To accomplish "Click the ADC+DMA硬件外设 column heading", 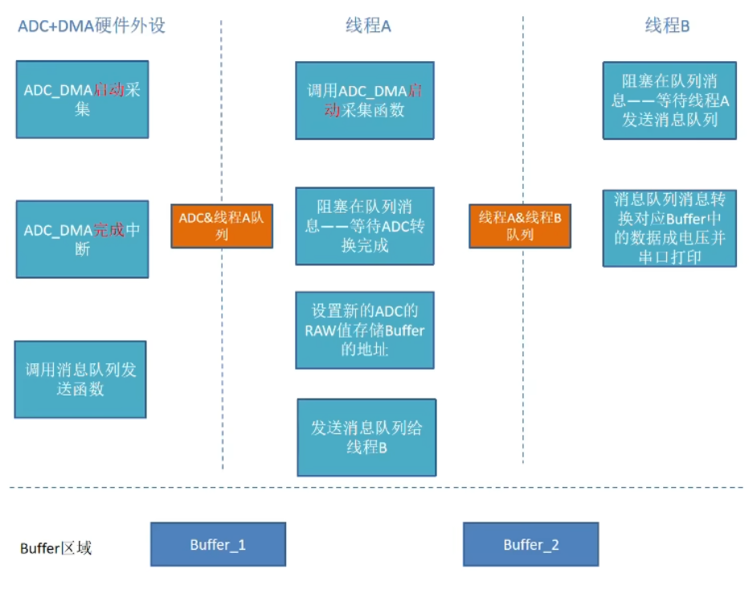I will (91, 26).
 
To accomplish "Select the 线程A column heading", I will (368, 27).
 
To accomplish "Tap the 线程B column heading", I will (668, 27).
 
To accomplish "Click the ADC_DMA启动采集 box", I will (82, 99).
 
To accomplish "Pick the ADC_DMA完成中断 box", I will (82, 240).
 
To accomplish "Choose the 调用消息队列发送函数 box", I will (80, 379).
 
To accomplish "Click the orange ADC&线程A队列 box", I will (222, 226).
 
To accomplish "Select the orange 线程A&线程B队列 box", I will (520, 226).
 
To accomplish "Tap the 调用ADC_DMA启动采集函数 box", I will (365, 100).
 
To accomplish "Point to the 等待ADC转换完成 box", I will (365, 227).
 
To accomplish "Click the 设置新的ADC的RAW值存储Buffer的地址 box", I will (365, 330).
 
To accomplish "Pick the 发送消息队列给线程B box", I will (366, 437).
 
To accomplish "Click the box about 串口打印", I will (669, 228).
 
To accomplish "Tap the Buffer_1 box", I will (218, 545).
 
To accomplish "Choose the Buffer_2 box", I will (530, 545).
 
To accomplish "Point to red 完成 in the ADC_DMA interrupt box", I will (110, 231).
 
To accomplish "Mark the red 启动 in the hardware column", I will (109, 90).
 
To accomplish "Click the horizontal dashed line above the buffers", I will (376, 487).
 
